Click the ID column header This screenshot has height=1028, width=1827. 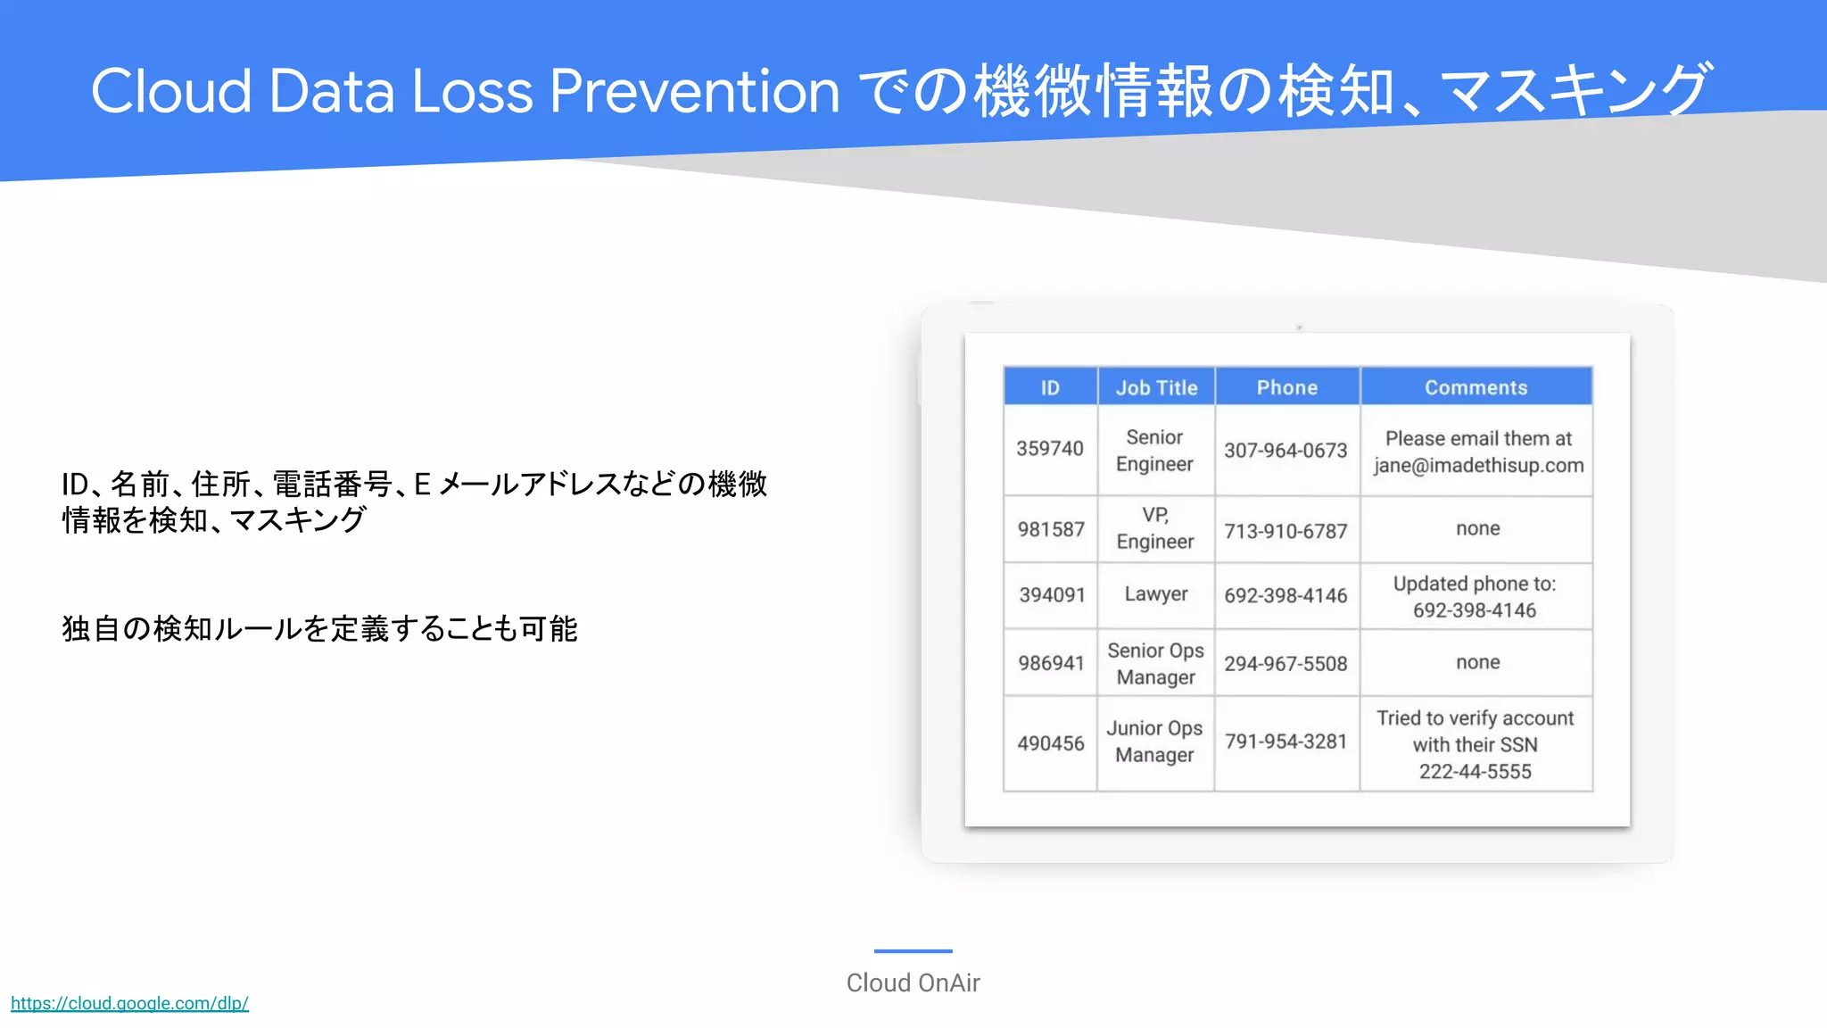pos(1050,387)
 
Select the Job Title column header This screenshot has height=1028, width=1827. pos(1156,387)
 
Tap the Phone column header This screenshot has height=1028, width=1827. pos(1286,387)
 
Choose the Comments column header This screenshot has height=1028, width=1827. pos(1476,387)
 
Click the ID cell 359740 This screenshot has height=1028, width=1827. pos(1050,449)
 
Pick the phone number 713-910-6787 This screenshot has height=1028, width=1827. pos(1286,532)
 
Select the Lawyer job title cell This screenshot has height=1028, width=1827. pos(1155,594)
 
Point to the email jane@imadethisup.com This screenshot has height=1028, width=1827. pos(1478,466)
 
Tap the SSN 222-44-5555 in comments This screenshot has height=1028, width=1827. pos(1475,772)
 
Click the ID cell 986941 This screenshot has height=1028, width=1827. pos(1051,663)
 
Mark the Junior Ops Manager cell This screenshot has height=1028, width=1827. pos(1154,742)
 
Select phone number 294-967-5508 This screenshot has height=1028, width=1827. pos(1286,664)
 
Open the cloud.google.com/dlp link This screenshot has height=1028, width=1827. pos(129,1003)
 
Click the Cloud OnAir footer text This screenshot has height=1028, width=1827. pos(913,982)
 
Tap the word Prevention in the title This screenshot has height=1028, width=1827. pos(694,91)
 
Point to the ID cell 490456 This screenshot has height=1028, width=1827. pos(1051,743)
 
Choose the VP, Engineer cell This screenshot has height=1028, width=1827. pos(1154,528)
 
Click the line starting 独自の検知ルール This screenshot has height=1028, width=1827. pos(319,629)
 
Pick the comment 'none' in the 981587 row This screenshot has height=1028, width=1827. pos(1477,528)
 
